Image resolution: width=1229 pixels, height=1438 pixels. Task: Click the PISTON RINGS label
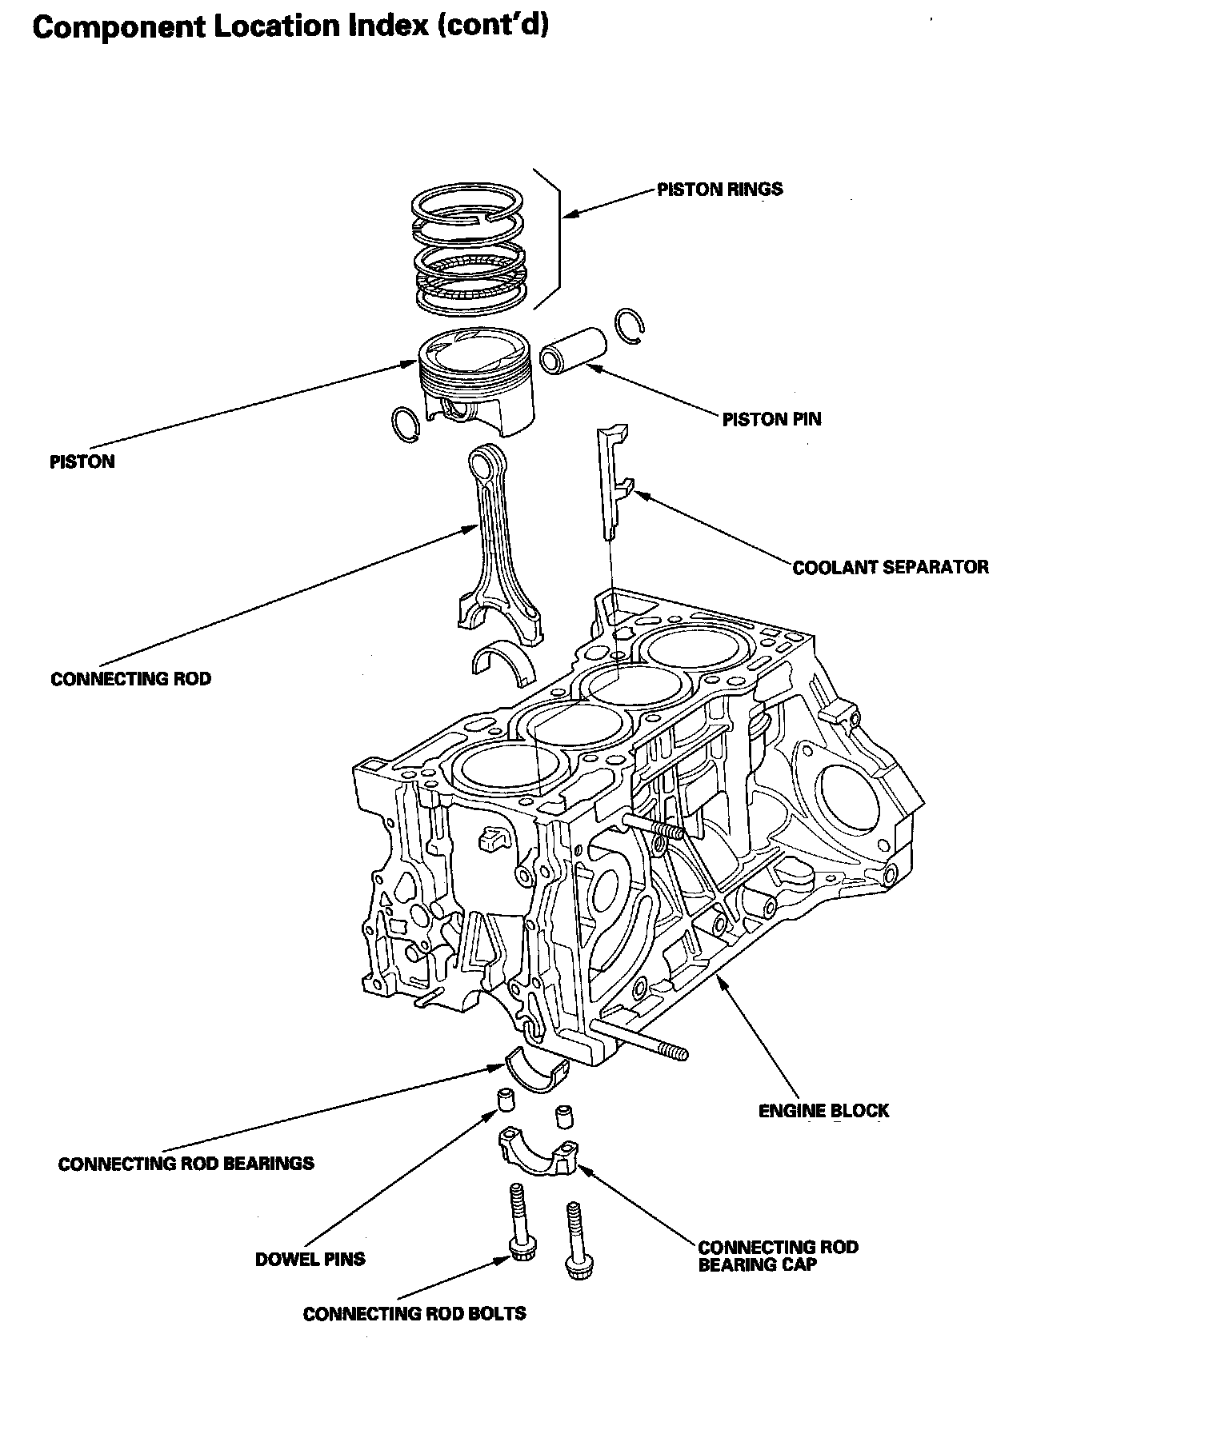tap(719, 190)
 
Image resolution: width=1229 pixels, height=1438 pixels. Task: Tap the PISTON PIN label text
tap(771, 419)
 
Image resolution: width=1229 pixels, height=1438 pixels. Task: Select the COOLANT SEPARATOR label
tap(890, 567)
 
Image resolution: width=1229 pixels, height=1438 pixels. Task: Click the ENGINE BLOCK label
tap(823, 1110)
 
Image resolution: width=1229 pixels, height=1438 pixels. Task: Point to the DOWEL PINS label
tap(310, 1259)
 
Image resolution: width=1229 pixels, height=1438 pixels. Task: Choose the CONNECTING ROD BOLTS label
tap(414, 1313)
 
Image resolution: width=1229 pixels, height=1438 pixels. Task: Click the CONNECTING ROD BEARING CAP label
tap(777, 1256)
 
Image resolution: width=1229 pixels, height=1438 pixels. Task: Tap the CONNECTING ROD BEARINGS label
tap(186, 1163)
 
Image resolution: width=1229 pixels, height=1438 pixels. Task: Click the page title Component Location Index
tap(290, 26)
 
